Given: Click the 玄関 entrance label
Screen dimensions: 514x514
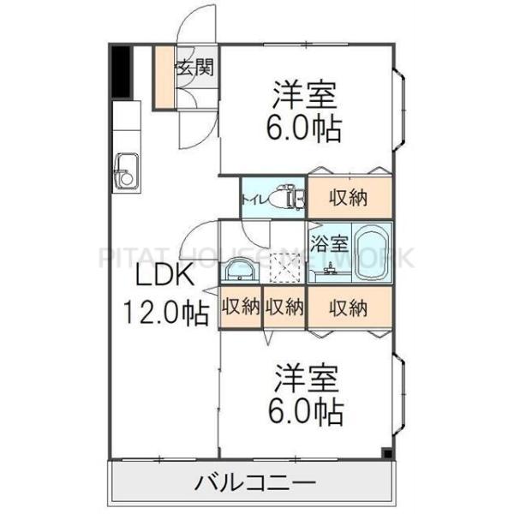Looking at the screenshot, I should point(194,68).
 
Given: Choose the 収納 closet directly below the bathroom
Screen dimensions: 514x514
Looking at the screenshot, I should point(350,306).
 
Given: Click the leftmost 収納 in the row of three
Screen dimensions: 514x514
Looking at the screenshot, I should point(241,306).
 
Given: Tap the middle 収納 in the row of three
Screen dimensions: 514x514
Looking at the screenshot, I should point(284,306).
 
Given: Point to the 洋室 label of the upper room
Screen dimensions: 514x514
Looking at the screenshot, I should point(304,92).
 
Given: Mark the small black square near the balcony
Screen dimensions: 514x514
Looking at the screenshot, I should point(386,454).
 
